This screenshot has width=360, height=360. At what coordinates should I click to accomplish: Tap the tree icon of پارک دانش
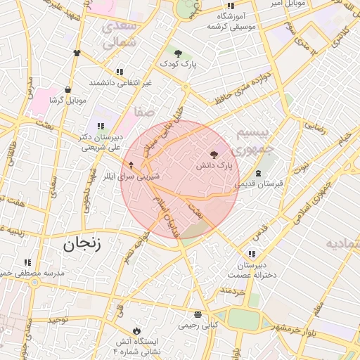tap(214, 154)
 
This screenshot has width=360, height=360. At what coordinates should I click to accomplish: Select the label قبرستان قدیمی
tap(259, 184)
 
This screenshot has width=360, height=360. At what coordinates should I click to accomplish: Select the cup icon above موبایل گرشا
tap(67, 90)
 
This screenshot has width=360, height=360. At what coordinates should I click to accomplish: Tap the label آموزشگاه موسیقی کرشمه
tap(231, 20)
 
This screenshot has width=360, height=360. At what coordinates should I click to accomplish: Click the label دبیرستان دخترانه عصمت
tap(252, 271)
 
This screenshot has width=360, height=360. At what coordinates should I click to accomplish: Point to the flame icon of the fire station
tap(136, 330)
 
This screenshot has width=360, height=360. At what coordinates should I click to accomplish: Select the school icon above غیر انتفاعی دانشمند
tap(120, 72)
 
